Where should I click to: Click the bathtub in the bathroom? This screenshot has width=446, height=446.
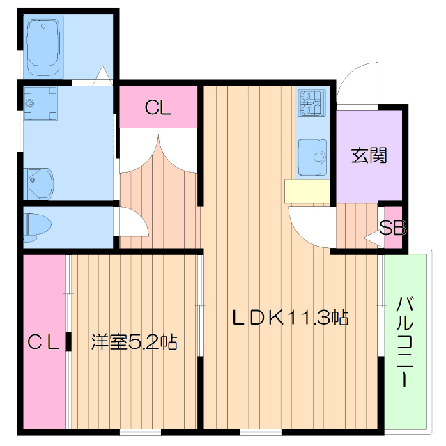click(45, 49)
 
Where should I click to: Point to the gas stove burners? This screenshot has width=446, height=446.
click(311, 103)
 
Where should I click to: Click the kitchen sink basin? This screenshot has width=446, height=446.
click(312, 157)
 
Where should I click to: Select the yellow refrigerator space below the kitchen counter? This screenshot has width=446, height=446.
click(306, 191)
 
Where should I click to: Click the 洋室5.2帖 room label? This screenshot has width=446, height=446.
click(134, 342)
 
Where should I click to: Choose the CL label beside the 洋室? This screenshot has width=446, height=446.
click(43, 342)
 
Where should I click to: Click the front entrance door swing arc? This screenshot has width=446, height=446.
click(357, 80)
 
